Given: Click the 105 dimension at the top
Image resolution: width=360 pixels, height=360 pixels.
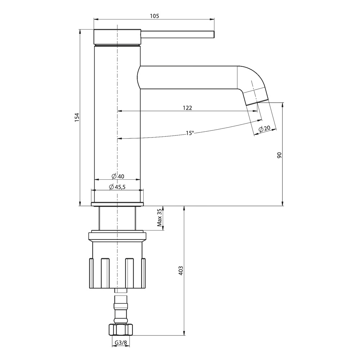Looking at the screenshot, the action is pos(154,16).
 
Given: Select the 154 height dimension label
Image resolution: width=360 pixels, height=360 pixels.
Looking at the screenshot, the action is pos(77,117).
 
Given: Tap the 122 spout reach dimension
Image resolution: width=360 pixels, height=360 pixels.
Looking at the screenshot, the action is pos(187,108).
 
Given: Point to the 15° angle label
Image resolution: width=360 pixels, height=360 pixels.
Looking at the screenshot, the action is pos(190,133).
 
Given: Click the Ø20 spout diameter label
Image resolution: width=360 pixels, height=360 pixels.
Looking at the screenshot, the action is pos(265,129).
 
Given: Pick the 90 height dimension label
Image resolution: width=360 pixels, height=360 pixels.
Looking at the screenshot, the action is pos(279,155).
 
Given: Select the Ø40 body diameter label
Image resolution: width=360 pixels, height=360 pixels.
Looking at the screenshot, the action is pos(118,176).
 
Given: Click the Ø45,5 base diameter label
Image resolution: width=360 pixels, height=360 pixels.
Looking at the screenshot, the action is pos(117,187).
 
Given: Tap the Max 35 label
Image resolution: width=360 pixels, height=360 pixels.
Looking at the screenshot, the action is pos(159,218).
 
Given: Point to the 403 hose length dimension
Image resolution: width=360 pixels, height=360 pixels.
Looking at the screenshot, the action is pos(181,271).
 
